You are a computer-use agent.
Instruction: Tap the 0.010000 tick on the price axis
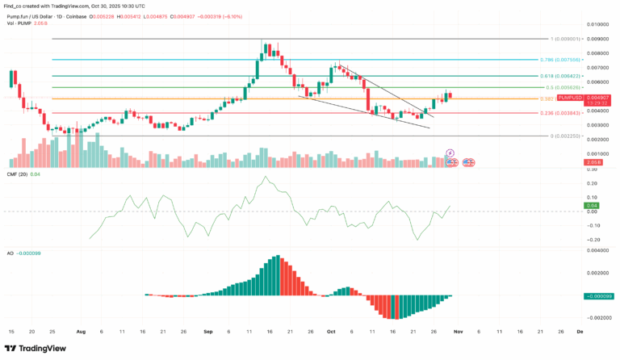pyautogui.click(x=598, y=25)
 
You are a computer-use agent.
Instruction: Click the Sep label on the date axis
pyautogui.click(x=209, y=331)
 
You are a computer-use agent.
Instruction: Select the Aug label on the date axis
pyautogui.click(x=81, y=331)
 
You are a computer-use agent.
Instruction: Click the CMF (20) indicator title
pyautogui.click(x=19, y=174)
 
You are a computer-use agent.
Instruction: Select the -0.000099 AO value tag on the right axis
pyautogui.click(x=600, y=295)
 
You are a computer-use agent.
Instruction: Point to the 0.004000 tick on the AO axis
pyautogui.click(x=598, y=250)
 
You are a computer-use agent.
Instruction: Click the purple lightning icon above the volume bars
pyautogui.click(x=450, y=153)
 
